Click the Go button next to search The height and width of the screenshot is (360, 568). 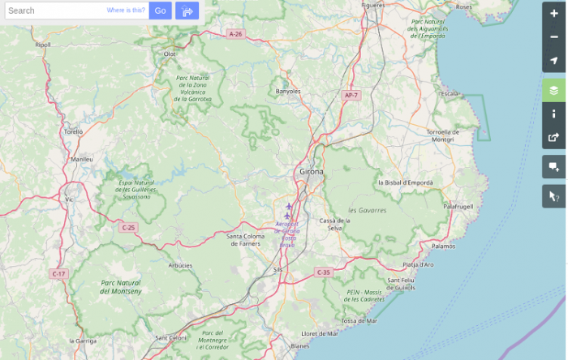point(160,11)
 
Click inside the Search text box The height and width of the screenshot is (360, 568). point(53,11)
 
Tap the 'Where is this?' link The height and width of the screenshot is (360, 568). point(126,11)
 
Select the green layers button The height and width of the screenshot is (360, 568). point(554,90)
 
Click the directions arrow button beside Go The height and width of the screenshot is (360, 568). point(187,11)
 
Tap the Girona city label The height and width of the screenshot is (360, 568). point(312,172)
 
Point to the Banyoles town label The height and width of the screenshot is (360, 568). point(288,91)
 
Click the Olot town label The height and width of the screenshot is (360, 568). point(170,54)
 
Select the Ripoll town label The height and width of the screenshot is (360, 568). point(43,45)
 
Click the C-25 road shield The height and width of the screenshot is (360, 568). point(127,227)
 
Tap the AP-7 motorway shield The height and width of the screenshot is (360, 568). point(351,95)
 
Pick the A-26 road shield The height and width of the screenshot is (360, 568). point(235,34)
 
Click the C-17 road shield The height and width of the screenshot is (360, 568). point(58,274)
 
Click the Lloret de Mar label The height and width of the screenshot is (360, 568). point(319,333)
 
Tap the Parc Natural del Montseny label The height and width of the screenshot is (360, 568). point(121,286)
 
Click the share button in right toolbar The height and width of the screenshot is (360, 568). point(554,137)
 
